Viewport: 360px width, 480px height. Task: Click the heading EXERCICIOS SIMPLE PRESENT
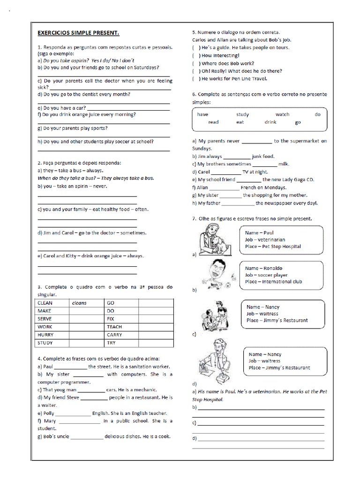point(78,33)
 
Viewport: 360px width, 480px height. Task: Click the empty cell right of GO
point(156,303)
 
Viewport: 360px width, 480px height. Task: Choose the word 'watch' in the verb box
point(282,114)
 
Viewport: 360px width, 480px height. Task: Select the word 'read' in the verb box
point(213,122)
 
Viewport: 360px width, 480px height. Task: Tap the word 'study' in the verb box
point(242,114)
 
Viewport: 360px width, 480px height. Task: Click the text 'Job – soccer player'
point(266,275)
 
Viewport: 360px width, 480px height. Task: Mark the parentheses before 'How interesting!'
point(195,55)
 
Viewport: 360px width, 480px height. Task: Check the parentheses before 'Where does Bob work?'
point(195,63)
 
